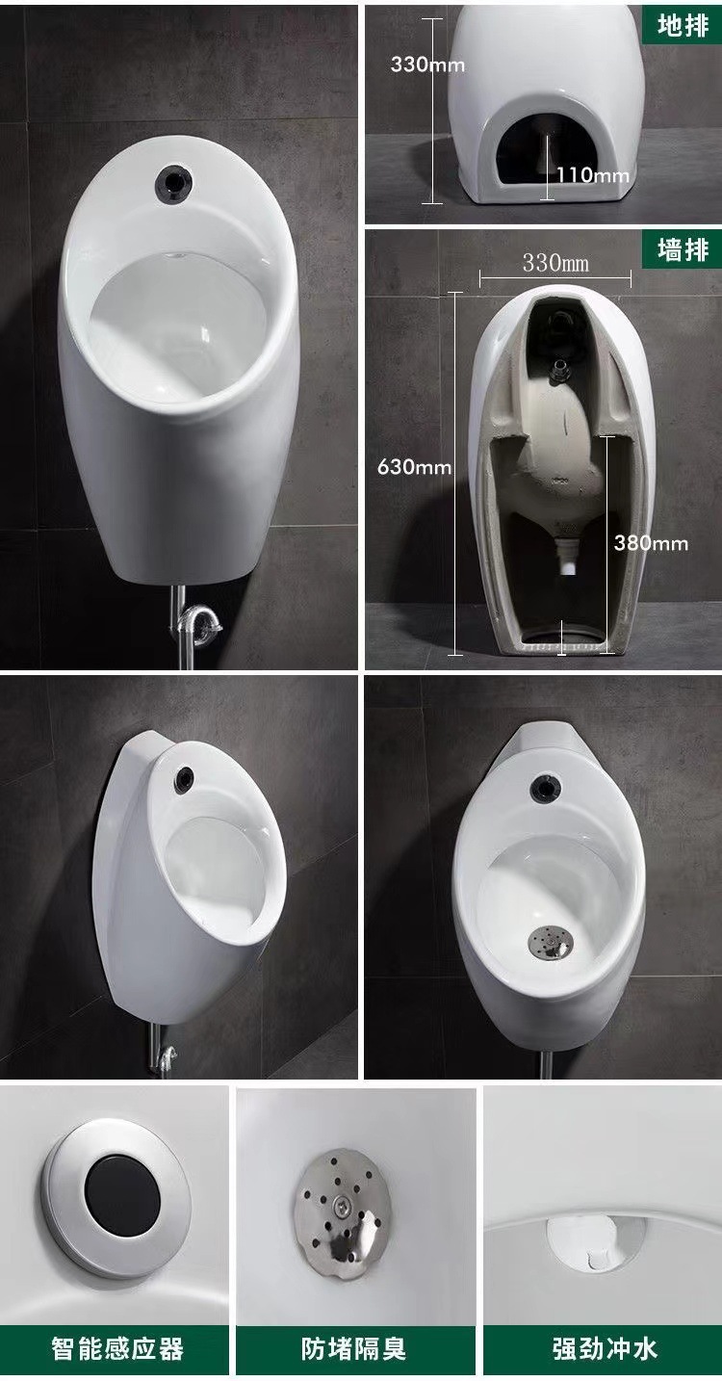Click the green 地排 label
(x=682, y=26)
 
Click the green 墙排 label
(x=682, y=249)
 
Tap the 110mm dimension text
(x=593, y=175)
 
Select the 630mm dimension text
(x=414, y=467)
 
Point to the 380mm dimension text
(x=651, y=543)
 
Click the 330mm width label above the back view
(x=555, y=263)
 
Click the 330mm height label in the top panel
(x=427, y=65)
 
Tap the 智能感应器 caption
(x=117, y=1348)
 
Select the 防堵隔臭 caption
(x=353, y=1348)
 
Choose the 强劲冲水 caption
(x=605, y=1348)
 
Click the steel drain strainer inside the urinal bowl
(x=550, y=942)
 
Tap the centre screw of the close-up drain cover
(x=340, y=1202)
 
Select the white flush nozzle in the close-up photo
(x=596, y=1244)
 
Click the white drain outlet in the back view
(x=568, y=556)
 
